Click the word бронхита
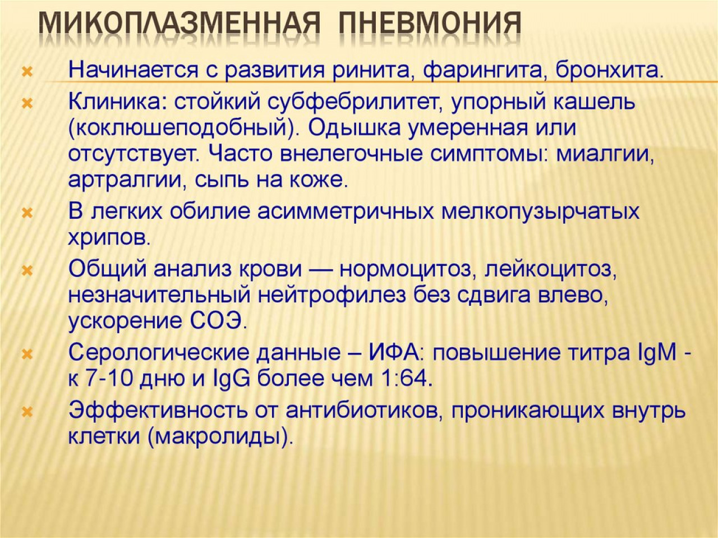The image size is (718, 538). [x=610, y=70]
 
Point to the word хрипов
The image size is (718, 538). [x=109, y=238]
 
